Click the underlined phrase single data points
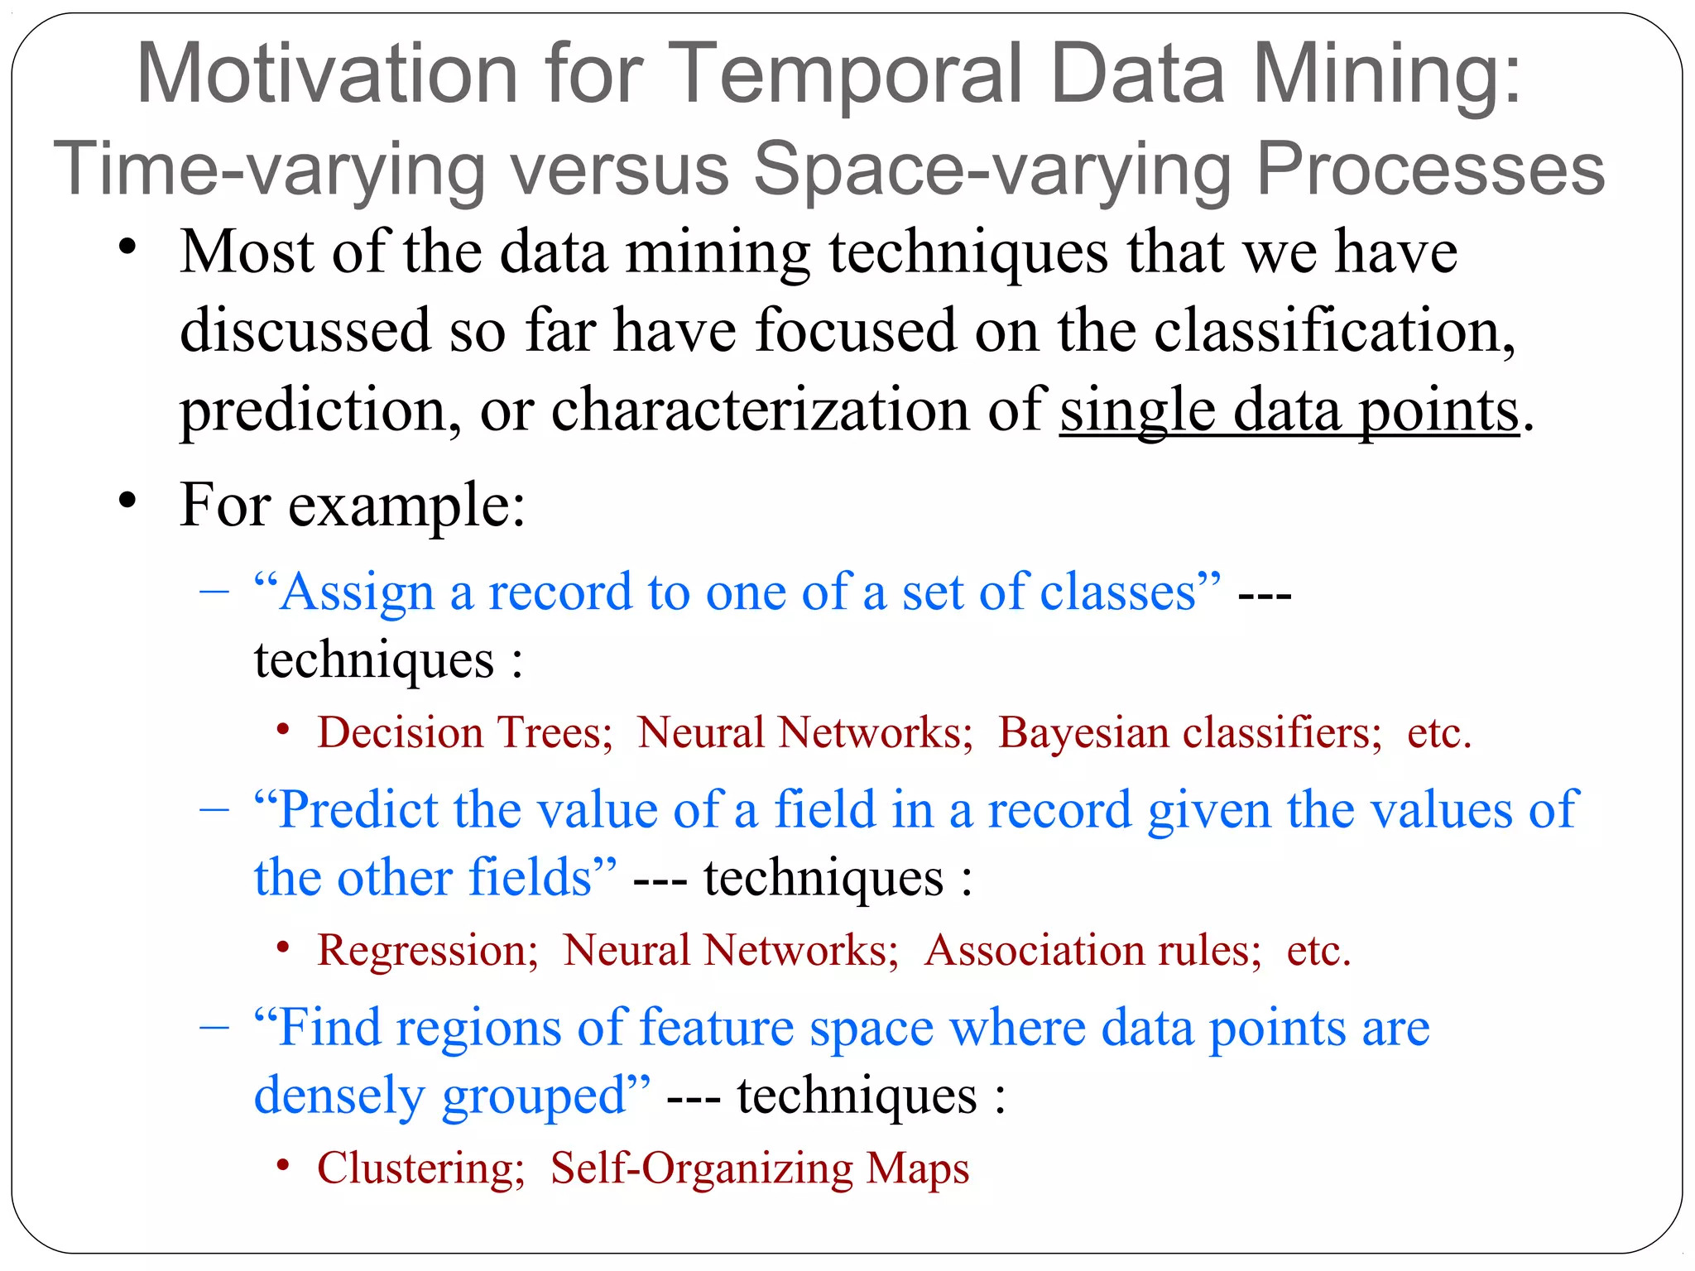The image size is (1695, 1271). tap(1289, 410)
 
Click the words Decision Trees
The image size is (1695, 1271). tap(463, 733)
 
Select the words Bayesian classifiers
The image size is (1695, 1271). tap(1189, 733)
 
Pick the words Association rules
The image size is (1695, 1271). tap(1092, 951)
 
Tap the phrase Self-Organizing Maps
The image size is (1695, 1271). tap(759, 1168)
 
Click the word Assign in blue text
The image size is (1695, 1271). tap(357, 593)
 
